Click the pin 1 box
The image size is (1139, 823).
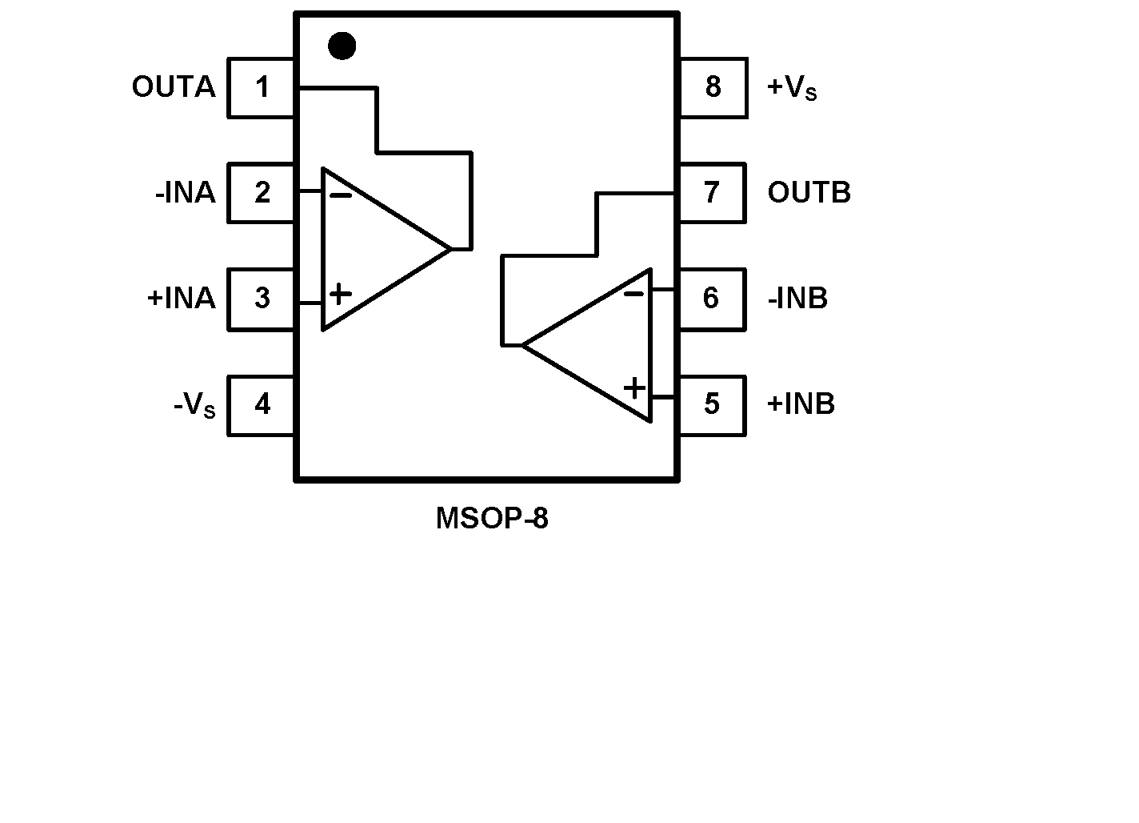click(x=262, y=87)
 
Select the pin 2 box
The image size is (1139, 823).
click(x=262, y=193)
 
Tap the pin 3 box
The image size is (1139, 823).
click(x=262, y=299)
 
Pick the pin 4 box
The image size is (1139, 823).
click(x=262, y=404)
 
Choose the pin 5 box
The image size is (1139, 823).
click(x=712, y=404)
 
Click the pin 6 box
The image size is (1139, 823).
click(x=712, y=299)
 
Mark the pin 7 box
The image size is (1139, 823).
click(x=712, y=193)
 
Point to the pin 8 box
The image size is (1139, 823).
click(x=712, y=87)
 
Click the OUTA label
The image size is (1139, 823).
click(x=174, y=87)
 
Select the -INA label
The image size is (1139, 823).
click(x=186, y=193)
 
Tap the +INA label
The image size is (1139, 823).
click(x=182, y=299)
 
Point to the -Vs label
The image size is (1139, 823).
click(x=194, y=405)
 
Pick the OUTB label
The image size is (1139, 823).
click(x=809, y=193)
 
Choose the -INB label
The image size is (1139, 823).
click(x=797, y=299)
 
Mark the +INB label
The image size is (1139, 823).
click(x=801, y=404)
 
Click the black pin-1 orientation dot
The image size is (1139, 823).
click(x=342, y=46)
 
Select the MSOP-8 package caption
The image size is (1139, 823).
click(x=492, y=519)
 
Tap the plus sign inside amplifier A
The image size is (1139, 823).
click(x=340, y=294)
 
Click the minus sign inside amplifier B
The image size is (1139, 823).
click(x=633, y=294)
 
